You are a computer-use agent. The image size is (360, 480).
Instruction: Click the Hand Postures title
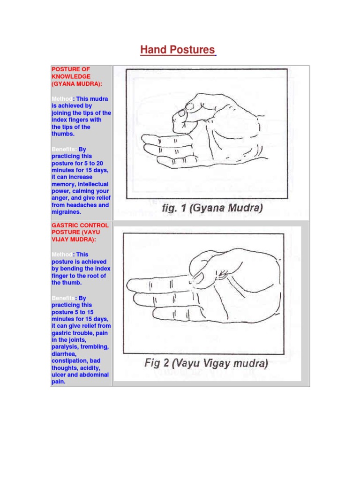pyautogui.click(x=178, y=50)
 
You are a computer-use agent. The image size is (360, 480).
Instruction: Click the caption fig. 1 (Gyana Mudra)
pyautogui.click(x=211, y=208)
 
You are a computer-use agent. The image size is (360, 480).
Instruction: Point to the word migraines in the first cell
pyautogui.click(x=66, y=212)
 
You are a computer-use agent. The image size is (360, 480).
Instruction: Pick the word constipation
pyautogui.click(x=70, y=361)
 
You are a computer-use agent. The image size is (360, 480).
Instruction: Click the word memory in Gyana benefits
pyautogui.click(x=62, y=184)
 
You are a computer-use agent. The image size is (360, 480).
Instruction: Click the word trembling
pyautogui.click(x=95, y=347)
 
